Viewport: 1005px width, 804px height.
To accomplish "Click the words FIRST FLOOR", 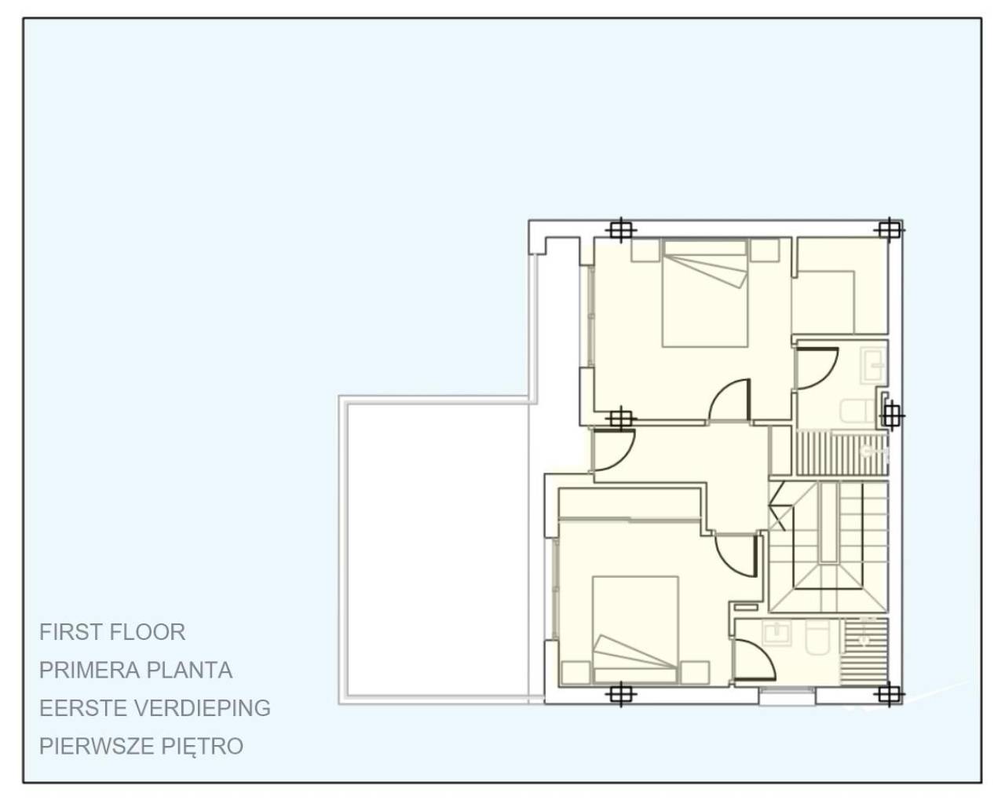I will click(x=112, y=632).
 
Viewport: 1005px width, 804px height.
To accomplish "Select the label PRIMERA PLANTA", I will click(x=136, y=670).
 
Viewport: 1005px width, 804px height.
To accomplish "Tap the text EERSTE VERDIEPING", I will click(x=155, y=707).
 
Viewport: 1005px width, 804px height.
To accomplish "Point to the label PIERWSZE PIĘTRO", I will click(x=141, y=745).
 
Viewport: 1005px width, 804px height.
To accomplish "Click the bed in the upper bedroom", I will click(x=703, y=294).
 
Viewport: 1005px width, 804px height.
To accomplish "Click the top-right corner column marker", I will click(x=888, y=229).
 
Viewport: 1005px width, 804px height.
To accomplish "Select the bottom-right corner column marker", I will click(x=888, y=693).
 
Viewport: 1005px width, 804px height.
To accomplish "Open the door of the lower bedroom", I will click(x=736, y=554).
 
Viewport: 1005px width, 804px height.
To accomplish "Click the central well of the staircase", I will click(x=828, y=522).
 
